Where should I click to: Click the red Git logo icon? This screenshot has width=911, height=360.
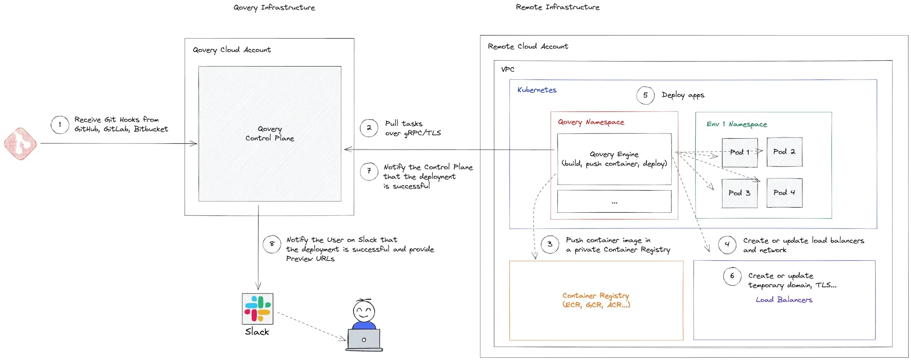tap(20, 144)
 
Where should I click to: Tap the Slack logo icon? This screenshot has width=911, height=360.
tap(257, 309)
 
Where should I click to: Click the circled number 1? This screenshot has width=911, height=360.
tap(60, 125)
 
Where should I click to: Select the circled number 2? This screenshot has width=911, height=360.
tap(369, 128)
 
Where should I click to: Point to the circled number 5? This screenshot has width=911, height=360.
tap(646, 95)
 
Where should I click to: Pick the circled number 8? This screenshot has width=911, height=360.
tap(272, 244)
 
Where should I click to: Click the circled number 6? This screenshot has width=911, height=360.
tap(732, 276)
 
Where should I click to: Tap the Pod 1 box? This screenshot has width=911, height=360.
tap(740, 152)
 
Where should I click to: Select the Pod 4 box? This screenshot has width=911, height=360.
tap(785, 193)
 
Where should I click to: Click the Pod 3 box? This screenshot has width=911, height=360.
tap(740, 193)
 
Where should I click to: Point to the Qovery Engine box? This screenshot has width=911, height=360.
tap(614, 159)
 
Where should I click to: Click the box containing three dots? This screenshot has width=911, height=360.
tap(614, 202)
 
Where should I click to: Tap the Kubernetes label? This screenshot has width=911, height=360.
tap(537, 90)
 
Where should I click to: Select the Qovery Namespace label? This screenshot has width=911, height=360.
tap(591, 122)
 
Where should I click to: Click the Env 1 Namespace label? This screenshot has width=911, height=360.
tap(737, 124)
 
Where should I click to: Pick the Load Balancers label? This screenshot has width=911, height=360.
tap(784, 300)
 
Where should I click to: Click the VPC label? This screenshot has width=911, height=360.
tap(508, 70)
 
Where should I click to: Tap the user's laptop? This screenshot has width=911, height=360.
tap(364, 340)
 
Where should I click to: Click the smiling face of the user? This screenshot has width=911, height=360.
tap(364, 311)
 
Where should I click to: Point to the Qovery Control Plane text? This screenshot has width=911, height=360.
tap(270, 134)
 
